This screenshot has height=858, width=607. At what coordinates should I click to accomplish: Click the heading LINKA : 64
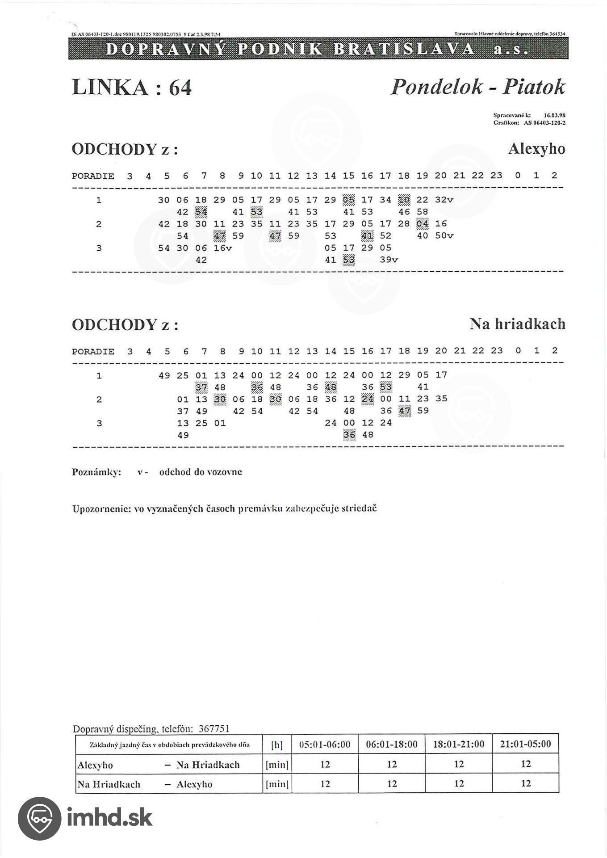(x=132, y=87)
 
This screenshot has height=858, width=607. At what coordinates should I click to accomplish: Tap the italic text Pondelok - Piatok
(x=477, y=87)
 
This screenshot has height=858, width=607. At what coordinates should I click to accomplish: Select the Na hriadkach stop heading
(x=517, y=324)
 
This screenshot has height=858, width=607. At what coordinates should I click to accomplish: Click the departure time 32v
(x=444, y=200)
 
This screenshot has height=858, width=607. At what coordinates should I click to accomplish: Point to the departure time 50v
(x=444, y=236)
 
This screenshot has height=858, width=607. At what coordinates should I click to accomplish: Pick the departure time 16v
(x=222, y=248)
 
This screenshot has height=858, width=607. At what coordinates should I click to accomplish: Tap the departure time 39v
(x=389, y=260)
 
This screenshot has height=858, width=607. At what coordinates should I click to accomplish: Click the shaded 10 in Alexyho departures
(x=404, y=200)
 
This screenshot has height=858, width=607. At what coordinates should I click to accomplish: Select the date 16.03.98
(x=554, y=115)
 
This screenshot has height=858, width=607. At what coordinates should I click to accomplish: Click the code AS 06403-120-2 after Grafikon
(x=544, y=122)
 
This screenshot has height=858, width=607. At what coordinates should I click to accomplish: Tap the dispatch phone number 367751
(x=213, y=729)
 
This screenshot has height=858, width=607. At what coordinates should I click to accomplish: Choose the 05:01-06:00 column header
(x=325, y=744)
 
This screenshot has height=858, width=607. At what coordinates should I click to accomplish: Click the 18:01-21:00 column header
(x=459, y=744)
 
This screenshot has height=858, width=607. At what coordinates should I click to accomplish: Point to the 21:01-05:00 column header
(x=526, y=744)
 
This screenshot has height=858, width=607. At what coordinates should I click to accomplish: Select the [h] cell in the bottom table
(x=277, y=745)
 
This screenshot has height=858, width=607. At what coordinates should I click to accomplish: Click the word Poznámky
(x=96, y=472)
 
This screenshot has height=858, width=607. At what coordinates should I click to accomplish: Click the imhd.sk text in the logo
(x=109, y=817)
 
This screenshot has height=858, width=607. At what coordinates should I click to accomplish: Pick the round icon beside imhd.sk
(x=39, y=818)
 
